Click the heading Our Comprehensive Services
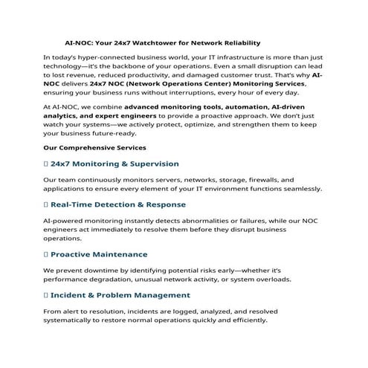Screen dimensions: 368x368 click(x=93, y=147)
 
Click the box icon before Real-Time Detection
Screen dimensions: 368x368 click(x=46, y=203)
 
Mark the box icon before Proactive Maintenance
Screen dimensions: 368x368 click(x=46, y=255)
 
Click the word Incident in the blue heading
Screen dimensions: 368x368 click(x=70, y=295)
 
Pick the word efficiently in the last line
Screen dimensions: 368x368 click(x=244, y=320)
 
